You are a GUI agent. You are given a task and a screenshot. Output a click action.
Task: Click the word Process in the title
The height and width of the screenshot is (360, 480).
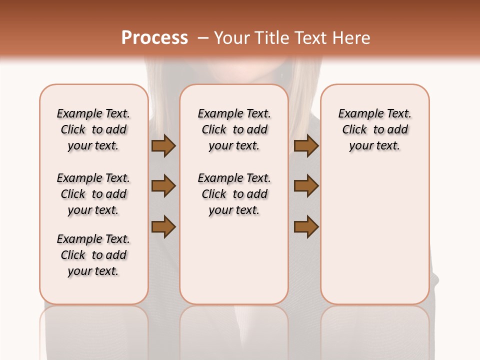(154, 38)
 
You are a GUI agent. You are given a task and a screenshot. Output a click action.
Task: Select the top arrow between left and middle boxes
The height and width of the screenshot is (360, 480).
(163, 146)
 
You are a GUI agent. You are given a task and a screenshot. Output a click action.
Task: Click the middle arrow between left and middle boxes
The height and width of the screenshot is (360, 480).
(163, 186)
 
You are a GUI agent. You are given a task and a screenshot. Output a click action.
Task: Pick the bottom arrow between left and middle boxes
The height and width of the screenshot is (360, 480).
(163, 227)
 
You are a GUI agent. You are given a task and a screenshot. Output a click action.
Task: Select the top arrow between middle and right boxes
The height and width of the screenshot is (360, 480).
(306, 146)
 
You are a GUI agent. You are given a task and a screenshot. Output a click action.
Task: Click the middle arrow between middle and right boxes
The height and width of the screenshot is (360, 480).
(306, 186)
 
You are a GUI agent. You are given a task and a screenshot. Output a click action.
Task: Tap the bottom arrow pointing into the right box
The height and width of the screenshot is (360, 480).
(306, 227)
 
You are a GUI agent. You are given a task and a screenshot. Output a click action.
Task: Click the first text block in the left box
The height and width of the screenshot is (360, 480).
(93, 129)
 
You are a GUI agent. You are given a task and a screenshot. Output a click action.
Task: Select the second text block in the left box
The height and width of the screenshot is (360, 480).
(93, 194)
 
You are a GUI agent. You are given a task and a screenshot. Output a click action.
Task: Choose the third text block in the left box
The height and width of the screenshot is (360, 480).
(93, 255)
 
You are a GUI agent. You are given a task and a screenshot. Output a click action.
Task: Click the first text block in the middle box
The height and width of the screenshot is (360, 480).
(234, 129)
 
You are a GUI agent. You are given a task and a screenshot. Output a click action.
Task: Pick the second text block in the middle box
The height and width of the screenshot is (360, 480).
(234, 194)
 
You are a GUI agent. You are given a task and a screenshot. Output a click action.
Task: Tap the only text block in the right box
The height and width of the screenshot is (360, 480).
(375, 129)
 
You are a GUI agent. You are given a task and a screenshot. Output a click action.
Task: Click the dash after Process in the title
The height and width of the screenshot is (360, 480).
(203, 38)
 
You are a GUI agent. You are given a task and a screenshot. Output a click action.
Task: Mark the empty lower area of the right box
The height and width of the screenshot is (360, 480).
(375, 235)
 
